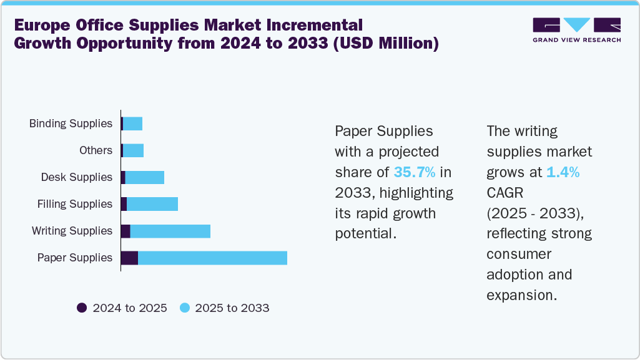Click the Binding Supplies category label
tap(71, 124)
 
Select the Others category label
tap(96, 150)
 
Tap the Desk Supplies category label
tap(76, 177)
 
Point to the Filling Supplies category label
tap(74, 204)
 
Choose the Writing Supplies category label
tap(72, 231)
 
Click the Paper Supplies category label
tap(74, 258)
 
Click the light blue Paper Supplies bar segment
tap(212, 258)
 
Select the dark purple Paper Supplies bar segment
tap(129, 258)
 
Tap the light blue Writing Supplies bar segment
tap(170, 231)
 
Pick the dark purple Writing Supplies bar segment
tap(126, 231)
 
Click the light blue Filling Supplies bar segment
tap(152, 204)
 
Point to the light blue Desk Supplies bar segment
tap(145, 177)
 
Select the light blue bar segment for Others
tap(134, 150)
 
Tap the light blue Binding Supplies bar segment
tap(133, 124)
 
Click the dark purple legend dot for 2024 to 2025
tap(82, 308)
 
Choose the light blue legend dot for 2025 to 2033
tap(184, 308)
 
